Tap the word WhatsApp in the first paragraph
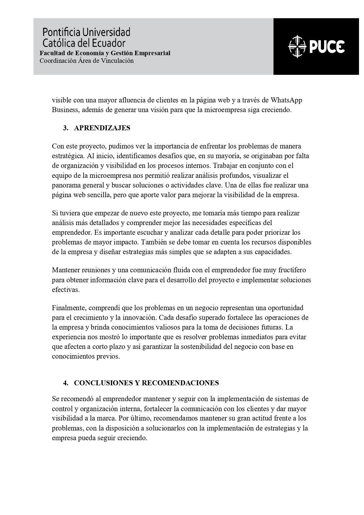pyautogui.click(x=286, y=100)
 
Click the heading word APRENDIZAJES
pyautogui.click(x=102, y=128)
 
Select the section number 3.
pyautogui.click(x=65, y=128)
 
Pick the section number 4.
pyautogui.click(x=65, y=383)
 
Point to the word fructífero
pyautogui.click(x=290, y=270)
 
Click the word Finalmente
pyautogui.click(x=69, y=308)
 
